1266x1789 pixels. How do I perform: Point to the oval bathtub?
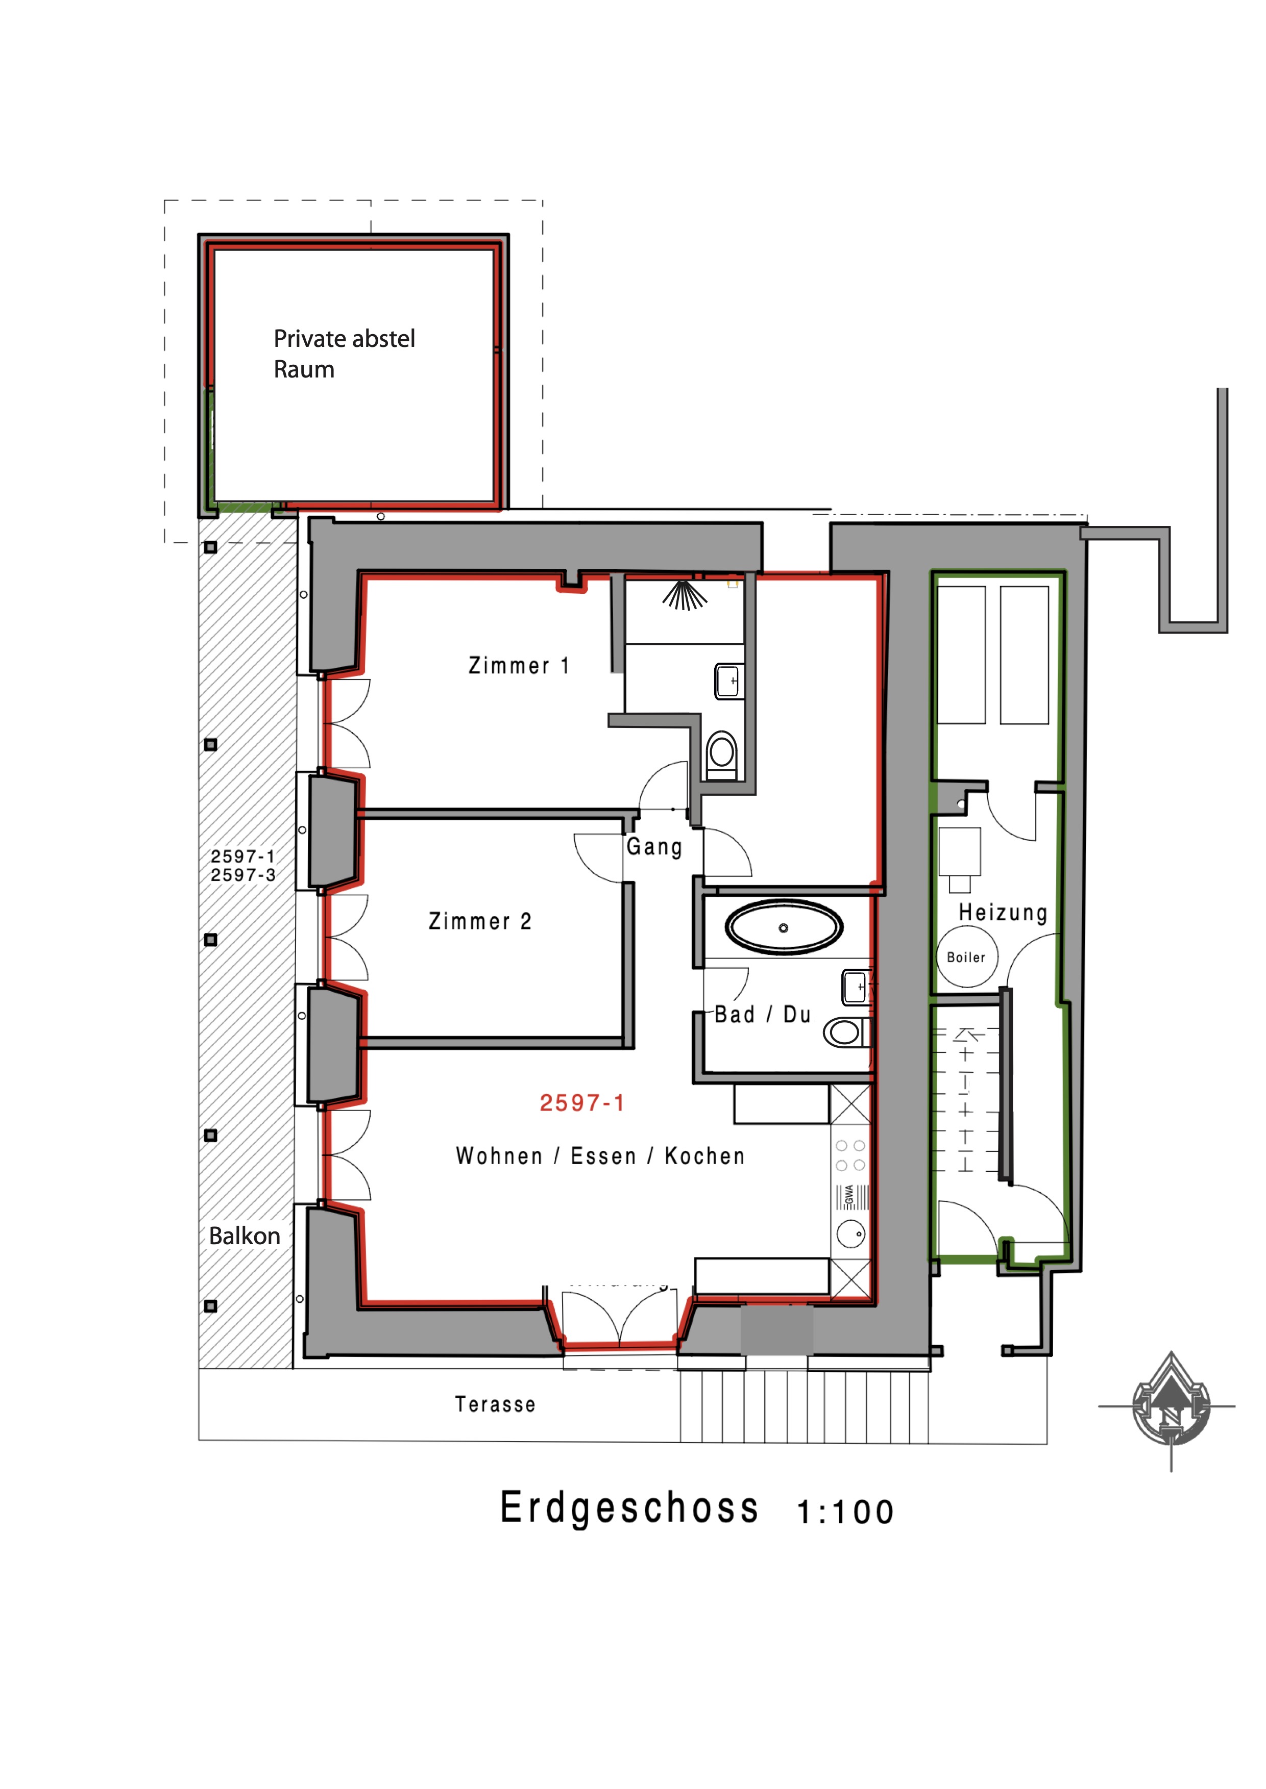[784, 927]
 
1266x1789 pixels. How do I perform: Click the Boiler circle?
[967, 957]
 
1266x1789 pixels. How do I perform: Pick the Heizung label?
[1003, 913]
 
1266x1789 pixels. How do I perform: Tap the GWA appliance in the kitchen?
[852, 1197]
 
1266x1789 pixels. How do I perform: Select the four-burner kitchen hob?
[850, 1155]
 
